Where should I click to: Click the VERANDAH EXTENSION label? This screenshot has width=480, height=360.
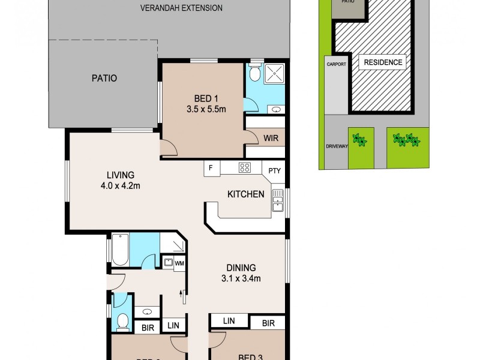coord(173,8)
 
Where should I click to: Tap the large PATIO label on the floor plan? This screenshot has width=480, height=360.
coord(104,78)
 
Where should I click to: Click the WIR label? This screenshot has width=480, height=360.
coord(271,137)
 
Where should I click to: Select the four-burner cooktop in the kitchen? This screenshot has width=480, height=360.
coord(245,168)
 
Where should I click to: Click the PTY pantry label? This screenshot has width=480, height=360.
coord(275,170)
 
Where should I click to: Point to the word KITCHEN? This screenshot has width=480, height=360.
coord(245,194)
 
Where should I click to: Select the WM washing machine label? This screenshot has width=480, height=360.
coord(179,263)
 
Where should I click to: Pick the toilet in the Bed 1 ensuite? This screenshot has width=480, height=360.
coord(254,74)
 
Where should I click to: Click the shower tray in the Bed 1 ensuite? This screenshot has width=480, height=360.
coord(275,74)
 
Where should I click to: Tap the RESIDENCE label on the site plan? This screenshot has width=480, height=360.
coord(382,62)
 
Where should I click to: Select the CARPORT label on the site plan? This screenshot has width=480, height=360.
coord(335,65)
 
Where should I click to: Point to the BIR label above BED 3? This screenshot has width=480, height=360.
coord(268,323)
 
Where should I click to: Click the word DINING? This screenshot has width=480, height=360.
coord(241,268)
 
